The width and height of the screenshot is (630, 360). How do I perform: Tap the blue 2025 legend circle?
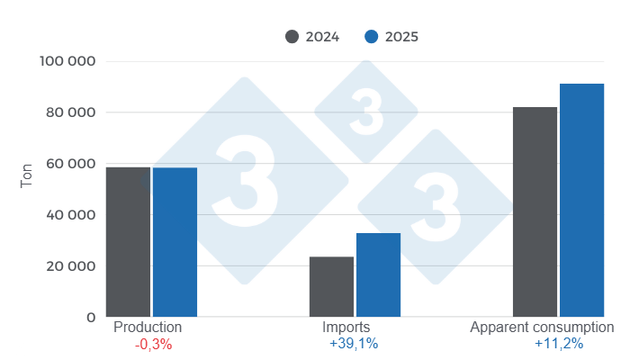(x=371, y=37)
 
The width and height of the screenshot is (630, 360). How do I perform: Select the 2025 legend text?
(x=401, y=37)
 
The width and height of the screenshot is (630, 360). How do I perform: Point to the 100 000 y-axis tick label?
(x=68, y=61)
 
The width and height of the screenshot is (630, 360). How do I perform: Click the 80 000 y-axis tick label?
(x=72, y=112)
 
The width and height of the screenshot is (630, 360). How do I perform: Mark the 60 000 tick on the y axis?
(x=72, y=164)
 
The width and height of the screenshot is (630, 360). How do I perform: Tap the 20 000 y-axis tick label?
(x=72, y=266)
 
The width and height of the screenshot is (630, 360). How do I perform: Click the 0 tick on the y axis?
(x=91, y=318)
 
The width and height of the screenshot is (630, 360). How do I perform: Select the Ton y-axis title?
(x=26, y=175)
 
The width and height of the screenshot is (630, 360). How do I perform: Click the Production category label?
(x=148, y=328)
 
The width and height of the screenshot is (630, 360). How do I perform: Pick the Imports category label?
(x=346, y=328)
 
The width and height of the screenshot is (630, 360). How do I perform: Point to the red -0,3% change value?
(x=151, y=344)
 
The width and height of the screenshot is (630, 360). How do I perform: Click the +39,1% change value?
(x=354, y=344)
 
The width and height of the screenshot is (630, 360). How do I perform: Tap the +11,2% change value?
(x=559, y=344)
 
